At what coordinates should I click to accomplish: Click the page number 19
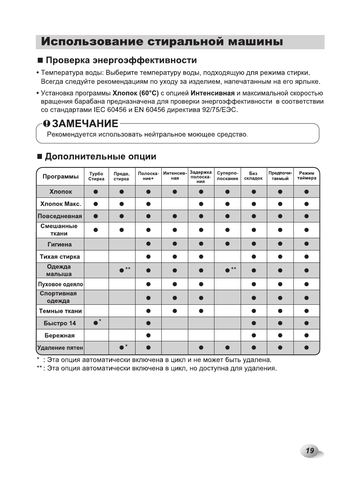310,451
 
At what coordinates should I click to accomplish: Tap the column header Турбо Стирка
96,176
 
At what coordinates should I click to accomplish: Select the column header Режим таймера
306,176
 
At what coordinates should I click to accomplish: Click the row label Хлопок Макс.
60,204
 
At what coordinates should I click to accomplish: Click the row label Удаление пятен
60,348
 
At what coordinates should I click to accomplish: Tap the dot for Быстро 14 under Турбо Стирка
95,323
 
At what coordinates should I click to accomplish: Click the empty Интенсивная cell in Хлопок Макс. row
175,204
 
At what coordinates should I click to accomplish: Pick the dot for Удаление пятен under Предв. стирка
122,348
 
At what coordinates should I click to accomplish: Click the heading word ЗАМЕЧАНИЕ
85,124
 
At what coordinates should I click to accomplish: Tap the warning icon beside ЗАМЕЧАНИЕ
47,124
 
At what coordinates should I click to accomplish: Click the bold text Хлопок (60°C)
136,93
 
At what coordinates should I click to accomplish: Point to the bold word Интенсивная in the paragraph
213,93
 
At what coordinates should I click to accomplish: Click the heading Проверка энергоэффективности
121,60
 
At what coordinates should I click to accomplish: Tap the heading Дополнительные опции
100,157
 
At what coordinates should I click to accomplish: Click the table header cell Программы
60,176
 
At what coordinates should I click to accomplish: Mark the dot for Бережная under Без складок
254,336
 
